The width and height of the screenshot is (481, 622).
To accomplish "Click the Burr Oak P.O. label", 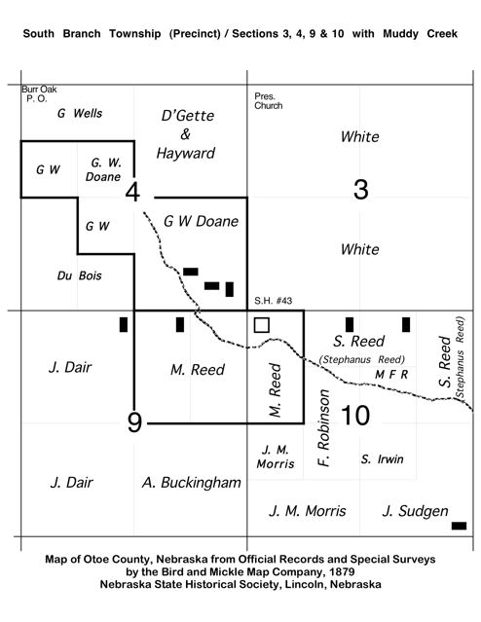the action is pyautogui.click(x=39, y=94).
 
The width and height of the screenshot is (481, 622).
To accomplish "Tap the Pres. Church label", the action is pyautogui.click(x=269, y=101).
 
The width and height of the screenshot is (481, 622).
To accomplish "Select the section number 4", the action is pyautogui.click(x=132, y=192).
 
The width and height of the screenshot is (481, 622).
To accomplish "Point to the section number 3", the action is pyautogui.click(x=360, y=189).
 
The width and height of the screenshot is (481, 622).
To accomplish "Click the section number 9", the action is pyautogui.click(x=134, y=422).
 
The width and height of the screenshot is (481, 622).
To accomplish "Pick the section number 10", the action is pyautogui.click(x=355, y=416).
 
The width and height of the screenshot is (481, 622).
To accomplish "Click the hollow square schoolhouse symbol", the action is pyautogui.click(x=262, y=325).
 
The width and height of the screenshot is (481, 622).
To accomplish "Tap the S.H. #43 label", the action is pyautogui.click(x=273, y=301).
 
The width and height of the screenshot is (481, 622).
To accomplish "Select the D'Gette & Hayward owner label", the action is pyautogui.click(x=186, y=134).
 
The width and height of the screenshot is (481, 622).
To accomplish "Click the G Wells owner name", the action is pyautogui.click(x=80, y=114).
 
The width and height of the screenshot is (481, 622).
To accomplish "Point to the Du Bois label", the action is pyautogui.click(x=80, y=275).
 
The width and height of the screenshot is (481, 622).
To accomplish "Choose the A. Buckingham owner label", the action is pyautogui.click(x=192, y=483).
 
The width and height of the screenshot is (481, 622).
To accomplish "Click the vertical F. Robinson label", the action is pyautogui.click(x=324, y=428).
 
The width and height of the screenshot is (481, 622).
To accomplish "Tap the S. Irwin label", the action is pyautogui.click(x=383, y=459).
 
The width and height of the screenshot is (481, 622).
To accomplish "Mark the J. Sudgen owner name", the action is pyautogui.click(x=416, y=511).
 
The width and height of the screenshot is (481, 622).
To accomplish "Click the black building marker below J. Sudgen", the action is pyautogui.click(x=460, y=526).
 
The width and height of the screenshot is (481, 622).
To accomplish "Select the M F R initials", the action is pyautogui.click(x=391, y=375).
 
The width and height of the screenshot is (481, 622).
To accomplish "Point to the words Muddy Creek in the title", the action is pyautogui.click(x=421, y=34).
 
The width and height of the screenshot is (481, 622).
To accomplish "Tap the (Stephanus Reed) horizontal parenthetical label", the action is pyautogui.click(x=362, y=359).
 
